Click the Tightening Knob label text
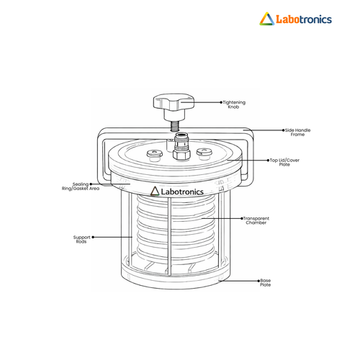pyautogui.click(x=234, y=104)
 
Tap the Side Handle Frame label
pyautogui.click(x=297, y=132)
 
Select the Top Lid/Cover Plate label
pyautogui.click(x=284, y=162)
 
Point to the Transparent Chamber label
pyautogui.click(x=256, y=220)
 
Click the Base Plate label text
pyautogui.click(x=266, y=282)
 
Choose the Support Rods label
pyautogui.click(x=81, y=239)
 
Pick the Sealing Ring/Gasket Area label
pyautogui.click(x=81, y=186)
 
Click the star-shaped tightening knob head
pyautogui.click(x=174, y=102)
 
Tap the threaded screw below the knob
pyautogui.click(x=174, y=126)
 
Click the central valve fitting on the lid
pyautogui.click(x=181, y=146)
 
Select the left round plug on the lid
pyautogui.click(x=155, y=156)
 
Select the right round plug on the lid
pyautogui.click(x=204, y=153)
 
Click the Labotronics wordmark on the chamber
pyautogui.click(x=182, y=192)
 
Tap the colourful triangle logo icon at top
pyautogui.click(x=267, y=19)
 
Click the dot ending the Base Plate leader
pyautogui.click(x=258, y=281)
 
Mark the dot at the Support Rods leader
pyautogui.click(x=93, y=237)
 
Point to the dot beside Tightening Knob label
pyautogui.click(x=221, y=102)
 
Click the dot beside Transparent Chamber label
pyautogui.click(x=242, y=218)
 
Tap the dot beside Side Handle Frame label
pyautogui.click(x=284, y=130)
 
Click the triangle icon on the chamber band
pyautogui.click(x=155, y=191)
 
